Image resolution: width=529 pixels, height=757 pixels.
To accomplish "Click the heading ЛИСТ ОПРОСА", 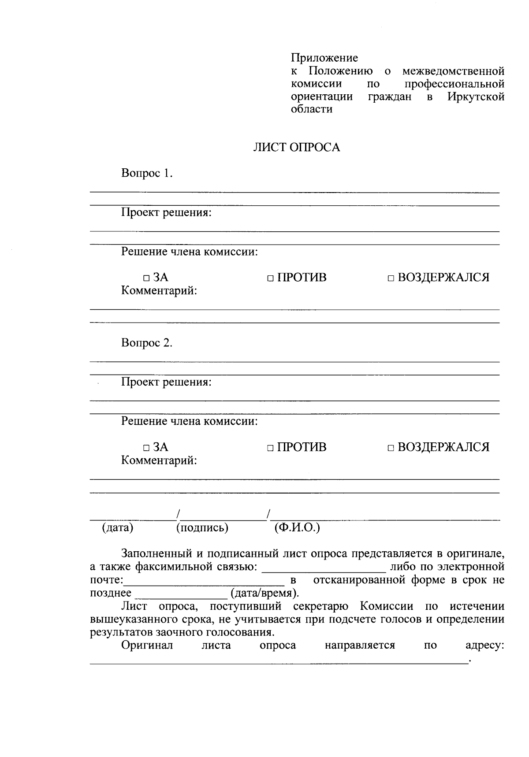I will point(296,148).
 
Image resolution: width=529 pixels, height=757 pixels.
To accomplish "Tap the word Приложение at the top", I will point(324,58).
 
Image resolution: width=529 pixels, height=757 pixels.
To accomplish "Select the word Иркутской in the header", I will point(476,97).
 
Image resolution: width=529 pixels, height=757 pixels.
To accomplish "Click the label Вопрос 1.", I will point(146,173).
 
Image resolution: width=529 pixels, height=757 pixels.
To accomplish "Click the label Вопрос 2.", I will point(146,343).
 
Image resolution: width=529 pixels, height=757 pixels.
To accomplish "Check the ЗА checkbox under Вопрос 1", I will point(146,278).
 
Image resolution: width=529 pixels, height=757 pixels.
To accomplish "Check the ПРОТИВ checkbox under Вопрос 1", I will point(270,278).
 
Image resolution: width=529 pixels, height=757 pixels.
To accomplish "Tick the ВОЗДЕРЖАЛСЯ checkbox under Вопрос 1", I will point(391,278).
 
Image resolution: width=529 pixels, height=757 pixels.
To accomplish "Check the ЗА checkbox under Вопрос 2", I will point(146,448).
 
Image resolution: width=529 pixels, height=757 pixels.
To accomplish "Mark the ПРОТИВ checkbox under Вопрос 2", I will point(270,448).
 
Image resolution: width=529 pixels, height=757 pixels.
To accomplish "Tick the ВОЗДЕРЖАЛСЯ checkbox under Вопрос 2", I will point(391,448).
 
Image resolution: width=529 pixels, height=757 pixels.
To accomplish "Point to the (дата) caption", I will point(118,527).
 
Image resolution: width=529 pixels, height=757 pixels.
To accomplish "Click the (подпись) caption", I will point(202,527).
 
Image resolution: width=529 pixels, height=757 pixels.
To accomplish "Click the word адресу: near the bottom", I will point(484,646).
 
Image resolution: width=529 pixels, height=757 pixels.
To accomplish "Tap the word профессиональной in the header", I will point(454,84).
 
